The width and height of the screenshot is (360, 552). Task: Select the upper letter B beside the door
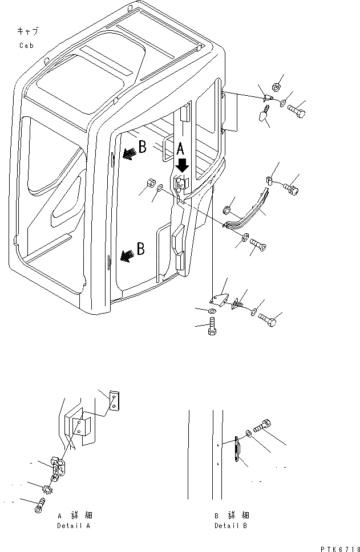(142, 147)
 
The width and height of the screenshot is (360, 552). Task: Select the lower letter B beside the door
(140, 249)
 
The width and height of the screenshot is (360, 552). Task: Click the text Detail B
(232, 526)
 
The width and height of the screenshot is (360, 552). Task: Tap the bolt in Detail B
(264, 425)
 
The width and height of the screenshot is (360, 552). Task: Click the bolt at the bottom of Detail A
(39, 505)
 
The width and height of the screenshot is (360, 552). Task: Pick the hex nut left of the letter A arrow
(150, 184)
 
